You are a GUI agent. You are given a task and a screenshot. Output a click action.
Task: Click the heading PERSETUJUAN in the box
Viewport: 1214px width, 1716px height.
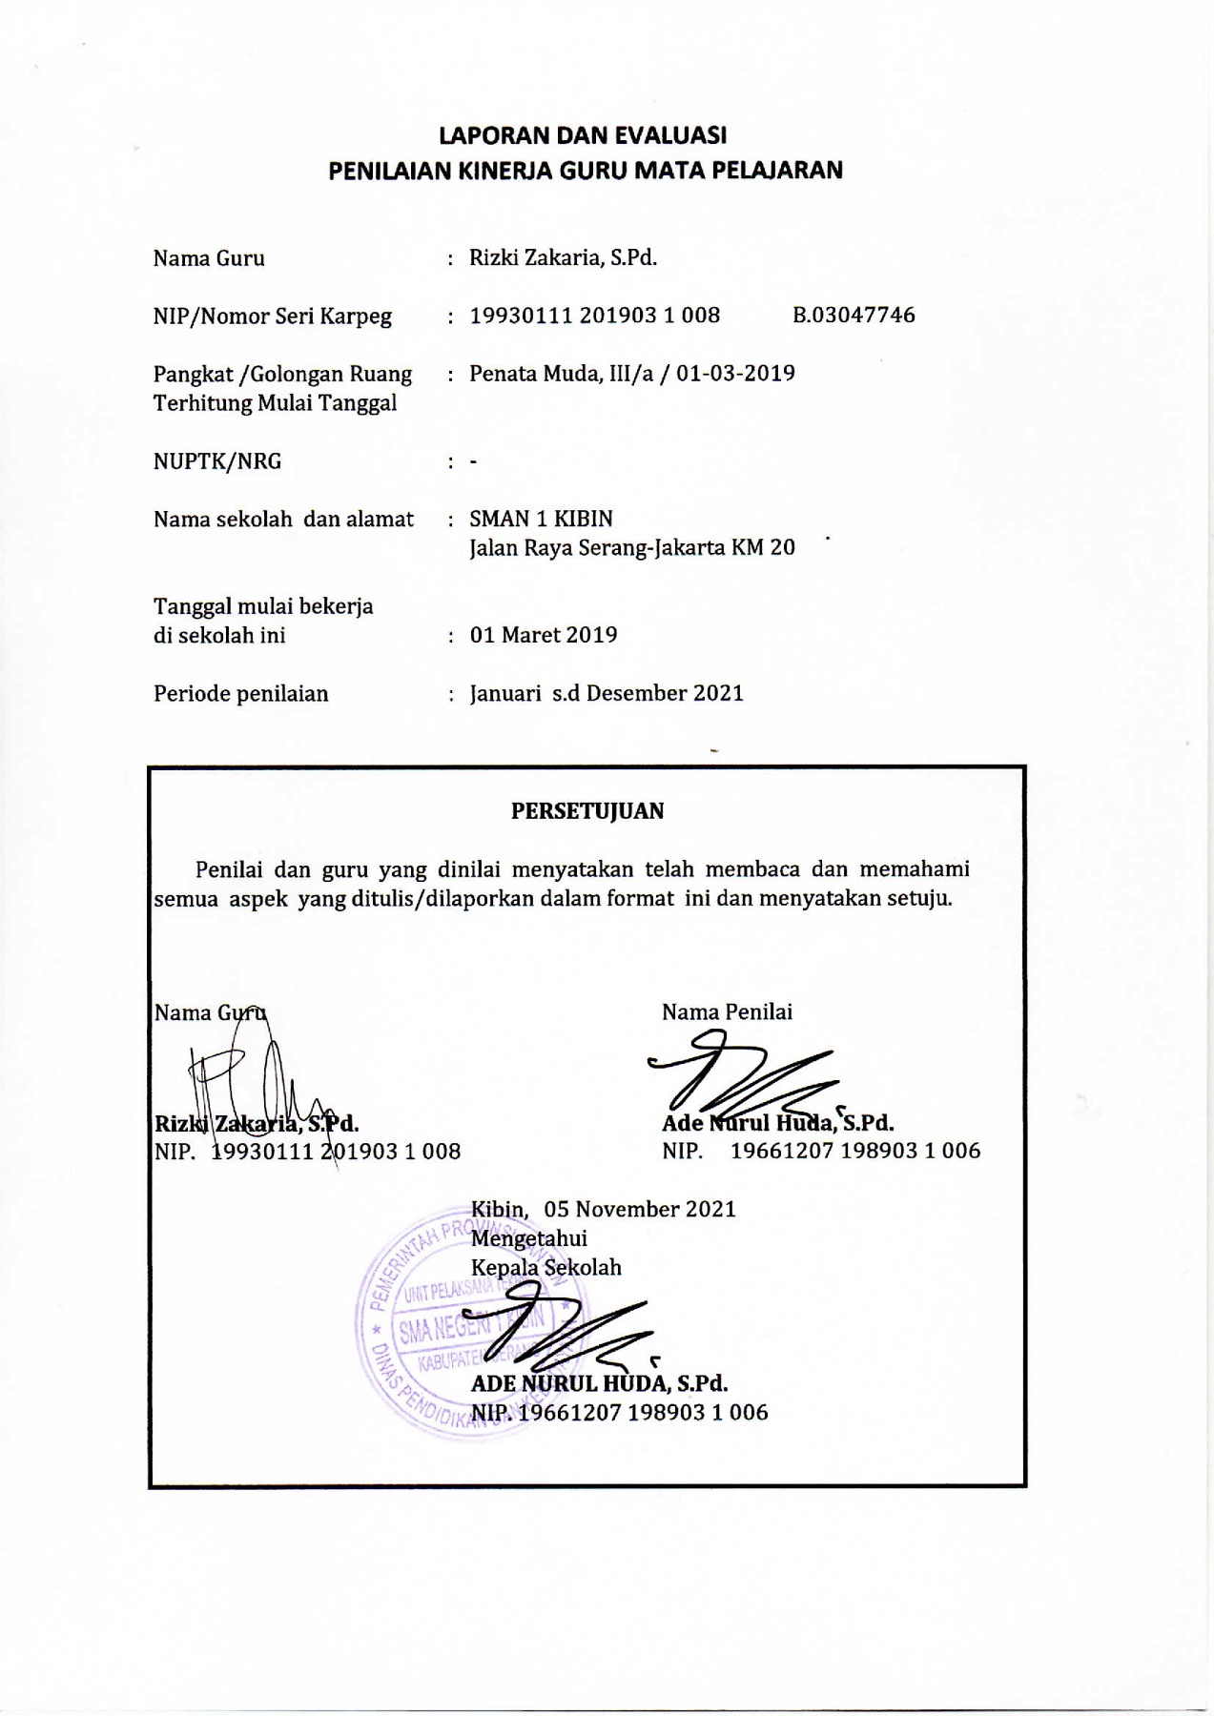(x=587, y=811)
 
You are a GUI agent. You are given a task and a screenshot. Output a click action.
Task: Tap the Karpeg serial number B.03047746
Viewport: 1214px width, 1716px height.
(x=854, y=316)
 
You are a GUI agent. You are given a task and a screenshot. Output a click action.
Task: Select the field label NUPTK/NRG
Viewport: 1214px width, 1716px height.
(x=217, y=462)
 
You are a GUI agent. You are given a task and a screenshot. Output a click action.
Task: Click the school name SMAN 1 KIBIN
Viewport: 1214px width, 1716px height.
(x=541, y=520)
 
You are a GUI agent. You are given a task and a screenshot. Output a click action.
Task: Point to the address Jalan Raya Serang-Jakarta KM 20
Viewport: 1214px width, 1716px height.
(x=631, y=548)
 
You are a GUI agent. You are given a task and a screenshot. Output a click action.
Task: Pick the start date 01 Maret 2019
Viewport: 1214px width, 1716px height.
(x=544, y=636)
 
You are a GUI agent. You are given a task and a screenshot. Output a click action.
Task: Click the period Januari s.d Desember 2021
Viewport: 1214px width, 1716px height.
(x=607, y=694)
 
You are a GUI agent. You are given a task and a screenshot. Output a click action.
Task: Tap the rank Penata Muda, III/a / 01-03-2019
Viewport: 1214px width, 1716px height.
(x=632, y=374)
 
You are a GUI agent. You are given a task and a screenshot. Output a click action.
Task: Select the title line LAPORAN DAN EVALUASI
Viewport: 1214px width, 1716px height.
(x=585, y=135)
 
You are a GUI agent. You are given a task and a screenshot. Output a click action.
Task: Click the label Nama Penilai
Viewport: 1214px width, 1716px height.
(x=727, y=1012)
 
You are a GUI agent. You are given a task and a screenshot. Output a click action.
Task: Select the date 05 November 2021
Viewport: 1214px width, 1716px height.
(x=640, y=1210)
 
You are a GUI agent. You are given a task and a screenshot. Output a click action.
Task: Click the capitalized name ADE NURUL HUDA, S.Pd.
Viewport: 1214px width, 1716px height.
(x=599, y=1383)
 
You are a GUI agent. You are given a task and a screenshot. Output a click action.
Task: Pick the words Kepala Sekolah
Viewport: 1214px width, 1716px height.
(x=545, y=1268)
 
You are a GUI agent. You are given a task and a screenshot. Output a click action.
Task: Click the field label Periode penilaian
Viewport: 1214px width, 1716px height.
(x=240, y=694)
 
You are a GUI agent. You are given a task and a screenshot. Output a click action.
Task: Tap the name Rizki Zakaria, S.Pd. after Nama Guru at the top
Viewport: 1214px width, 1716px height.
(x=563, y=258)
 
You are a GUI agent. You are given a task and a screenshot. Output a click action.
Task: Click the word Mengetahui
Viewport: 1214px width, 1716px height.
(x=528, y=1239)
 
